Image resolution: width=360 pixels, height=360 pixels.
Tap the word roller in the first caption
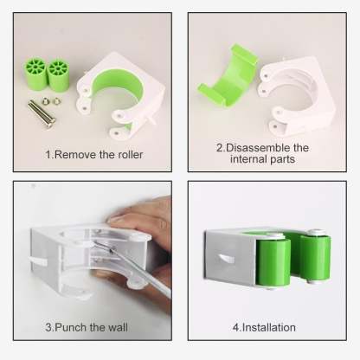[131, 155]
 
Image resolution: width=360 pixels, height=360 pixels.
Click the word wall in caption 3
[118, 327]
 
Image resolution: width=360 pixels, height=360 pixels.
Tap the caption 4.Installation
[264, 327]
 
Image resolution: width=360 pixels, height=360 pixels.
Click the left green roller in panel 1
[35, 74]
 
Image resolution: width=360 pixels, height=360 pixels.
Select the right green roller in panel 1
[58, 75]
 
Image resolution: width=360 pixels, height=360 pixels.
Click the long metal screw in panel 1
[42, 113]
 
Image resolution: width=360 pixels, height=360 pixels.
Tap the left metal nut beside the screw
[45, 101]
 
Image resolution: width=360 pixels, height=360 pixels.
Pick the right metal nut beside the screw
[56, 101]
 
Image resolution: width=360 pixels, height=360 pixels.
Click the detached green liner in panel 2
[228, 78]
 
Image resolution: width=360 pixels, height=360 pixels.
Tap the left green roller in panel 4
[273, 262]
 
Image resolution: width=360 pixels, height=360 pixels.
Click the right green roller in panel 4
[315, 257]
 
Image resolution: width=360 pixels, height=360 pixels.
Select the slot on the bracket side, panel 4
[226, 259]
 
